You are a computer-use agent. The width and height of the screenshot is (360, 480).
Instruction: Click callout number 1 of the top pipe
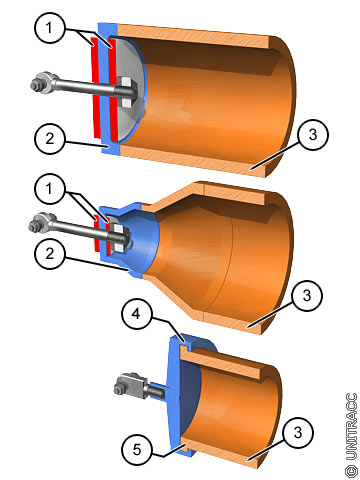tap(49, 28)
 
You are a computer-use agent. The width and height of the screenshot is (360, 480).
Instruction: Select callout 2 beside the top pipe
tap(49, 139)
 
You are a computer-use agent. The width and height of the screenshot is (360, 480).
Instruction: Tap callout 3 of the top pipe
tap(313, 135)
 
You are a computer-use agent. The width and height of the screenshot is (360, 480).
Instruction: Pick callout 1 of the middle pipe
tap(49, 189)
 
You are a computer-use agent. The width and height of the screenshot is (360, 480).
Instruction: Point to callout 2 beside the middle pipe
tap(49, 254)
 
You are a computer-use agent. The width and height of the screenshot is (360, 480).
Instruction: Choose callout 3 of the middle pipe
tap(307, 296)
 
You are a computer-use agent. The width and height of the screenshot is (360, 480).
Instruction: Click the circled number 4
tap(137, 314)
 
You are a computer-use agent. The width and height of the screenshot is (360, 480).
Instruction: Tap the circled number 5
tap(137, 450)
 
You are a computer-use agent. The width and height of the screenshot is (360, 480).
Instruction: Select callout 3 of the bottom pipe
tap(298, 433)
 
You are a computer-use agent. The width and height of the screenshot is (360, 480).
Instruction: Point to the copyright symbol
tap(351, 471)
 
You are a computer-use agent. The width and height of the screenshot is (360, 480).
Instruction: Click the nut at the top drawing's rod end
tap(36, 85)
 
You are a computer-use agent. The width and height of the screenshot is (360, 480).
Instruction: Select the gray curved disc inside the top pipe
tap(130, 90)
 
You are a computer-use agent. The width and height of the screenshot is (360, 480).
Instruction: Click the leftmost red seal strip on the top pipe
tap(96, 88)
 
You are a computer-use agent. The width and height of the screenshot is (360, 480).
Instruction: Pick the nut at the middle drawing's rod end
tap(34, 227)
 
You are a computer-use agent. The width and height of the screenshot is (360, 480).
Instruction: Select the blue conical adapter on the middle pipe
tap(132, 238)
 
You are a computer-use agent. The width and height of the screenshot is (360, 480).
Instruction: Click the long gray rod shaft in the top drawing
tap(85, 87)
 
